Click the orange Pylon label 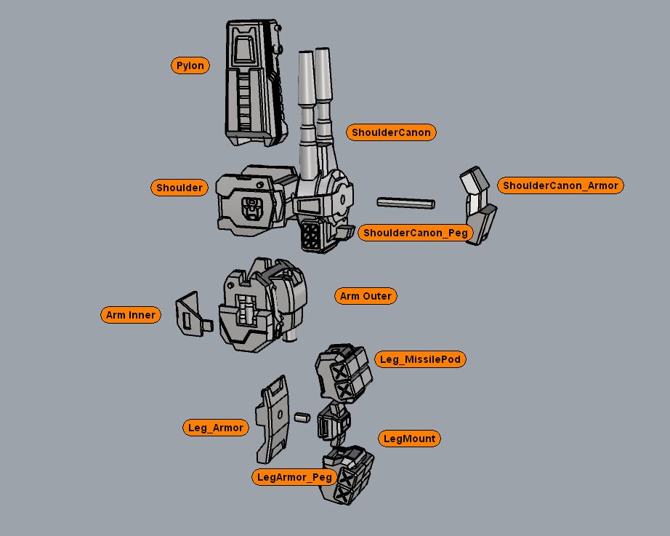(191, 65)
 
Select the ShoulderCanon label (391, 132)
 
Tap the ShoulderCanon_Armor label (560, 185)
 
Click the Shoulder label (179, 188)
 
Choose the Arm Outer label (366, 296)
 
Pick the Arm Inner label (130, 315)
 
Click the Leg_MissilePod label (421, 359)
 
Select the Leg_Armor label (215, 428)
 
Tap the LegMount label (409, 439)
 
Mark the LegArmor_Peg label (294, 477)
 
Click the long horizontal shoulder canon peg (405, 202)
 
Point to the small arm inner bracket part (190, 315)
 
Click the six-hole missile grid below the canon (315, 236)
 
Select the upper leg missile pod (343, 372)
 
